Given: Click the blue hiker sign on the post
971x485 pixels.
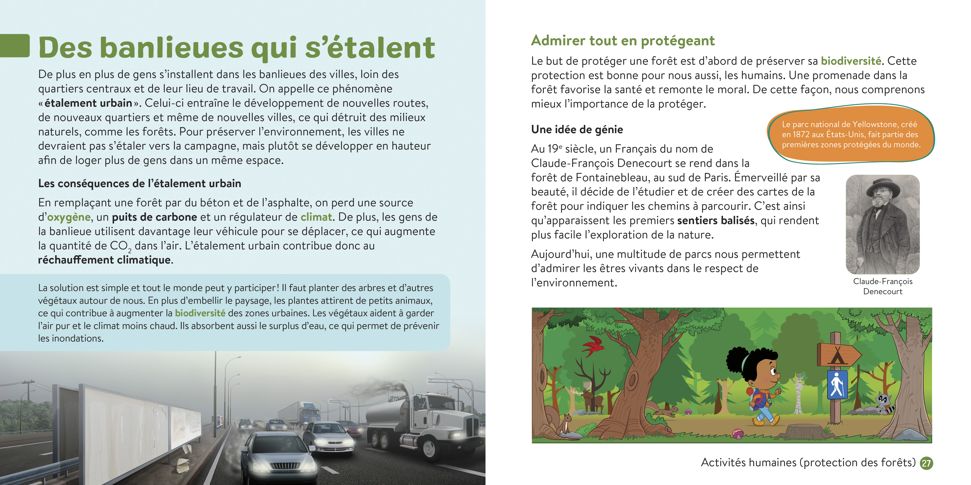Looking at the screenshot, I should coord(837,384).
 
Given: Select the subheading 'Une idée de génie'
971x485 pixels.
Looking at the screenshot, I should coord(577,130).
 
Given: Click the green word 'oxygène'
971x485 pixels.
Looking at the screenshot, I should coord(69,217).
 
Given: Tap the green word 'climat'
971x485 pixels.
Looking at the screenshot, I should coord(316,217).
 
